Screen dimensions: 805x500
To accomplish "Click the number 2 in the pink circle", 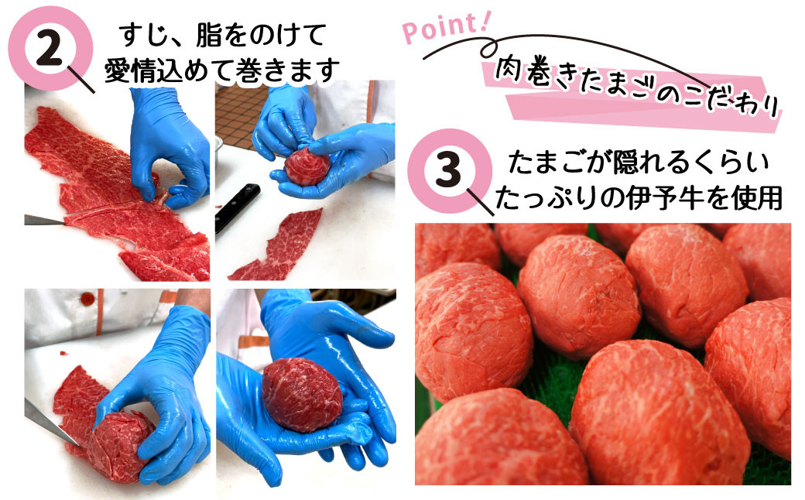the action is [x=50, y=49].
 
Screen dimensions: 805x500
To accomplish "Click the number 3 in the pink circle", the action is [x=448, y=170].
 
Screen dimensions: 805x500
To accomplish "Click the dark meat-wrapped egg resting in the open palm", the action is [x=302, y=394].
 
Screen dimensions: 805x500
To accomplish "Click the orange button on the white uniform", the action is [x=88, y=298].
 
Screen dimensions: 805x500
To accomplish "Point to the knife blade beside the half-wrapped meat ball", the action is [x=51, y=424].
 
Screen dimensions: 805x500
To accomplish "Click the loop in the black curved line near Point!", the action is [x=488, y=49].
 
